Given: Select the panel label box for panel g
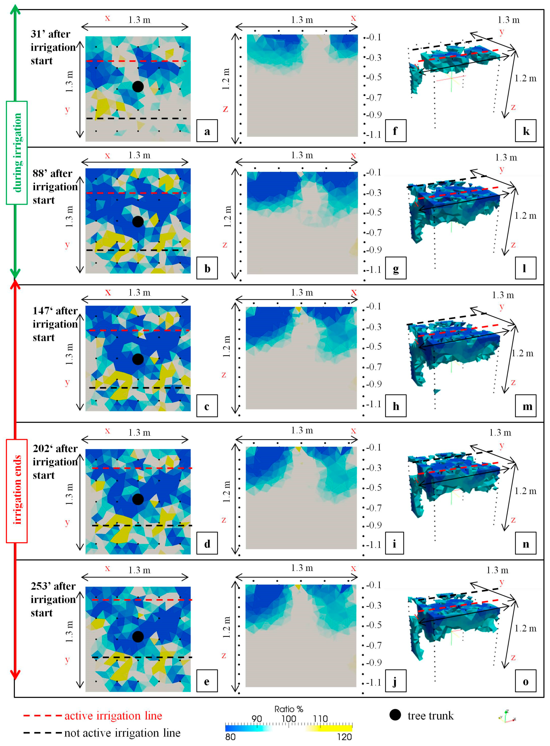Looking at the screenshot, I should pos(396,268).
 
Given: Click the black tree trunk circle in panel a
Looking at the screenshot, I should pos(138,87).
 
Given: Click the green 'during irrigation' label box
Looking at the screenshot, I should pos(17,153).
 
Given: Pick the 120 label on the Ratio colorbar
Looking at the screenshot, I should pos(344,737).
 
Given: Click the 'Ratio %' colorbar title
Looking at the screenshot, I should pos(289,709).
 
